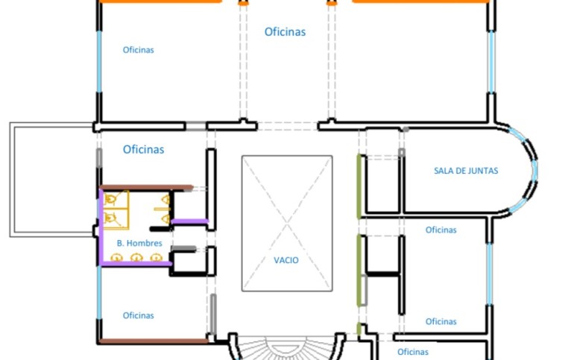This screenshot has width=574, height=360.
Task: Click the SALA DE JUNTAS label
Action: coord(466,171)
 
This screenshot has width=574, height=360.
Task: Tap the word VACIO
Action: coord(286,260)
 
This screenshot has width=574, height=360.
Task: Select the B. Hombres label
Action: coord(139,243)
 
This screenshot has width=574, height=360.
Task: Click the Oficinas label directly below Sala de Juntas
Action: coord(441,230)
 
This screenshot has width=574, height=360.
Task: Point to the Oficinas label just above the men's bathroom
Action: coord(143,149)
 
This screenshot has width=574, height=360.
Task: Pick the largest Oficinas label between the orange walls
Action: coord(285,32)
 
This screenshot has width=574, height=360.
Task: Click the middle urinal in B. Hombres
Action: coord(136,257)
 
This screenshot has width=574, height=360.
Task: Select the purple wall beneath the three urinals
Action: coord(136,263)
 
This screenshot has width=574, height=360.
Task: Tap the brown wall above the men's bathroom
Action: coord(146,187)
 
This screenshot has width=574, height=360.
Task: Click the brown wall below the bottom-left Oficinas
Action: coord(154,341)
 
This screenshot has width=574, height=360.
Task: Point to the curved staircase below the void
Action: coord(287,348)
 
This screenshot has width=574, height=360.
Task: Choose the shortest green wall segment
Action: coord(359,329)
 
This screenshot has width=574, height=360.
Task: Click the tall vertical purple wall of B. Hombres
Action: coord(101,227)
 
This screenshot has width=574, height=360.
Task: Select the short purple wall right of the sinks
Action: coord(189,221)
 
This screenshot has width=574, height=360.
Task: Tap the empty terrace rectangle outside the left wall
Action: coord(51,180)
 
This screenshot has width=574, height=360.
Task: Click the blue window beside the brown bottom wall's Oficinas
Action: coord(99,293)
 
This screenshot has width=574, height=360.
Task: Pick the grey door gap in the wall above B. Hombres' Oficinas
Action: coord(196,127)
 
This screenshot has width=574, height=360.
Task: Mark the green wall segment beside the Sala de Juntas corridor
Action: coord(359,186)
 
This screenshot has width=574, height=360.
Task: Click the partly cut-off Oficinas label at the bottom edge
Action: coord(412,352)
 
